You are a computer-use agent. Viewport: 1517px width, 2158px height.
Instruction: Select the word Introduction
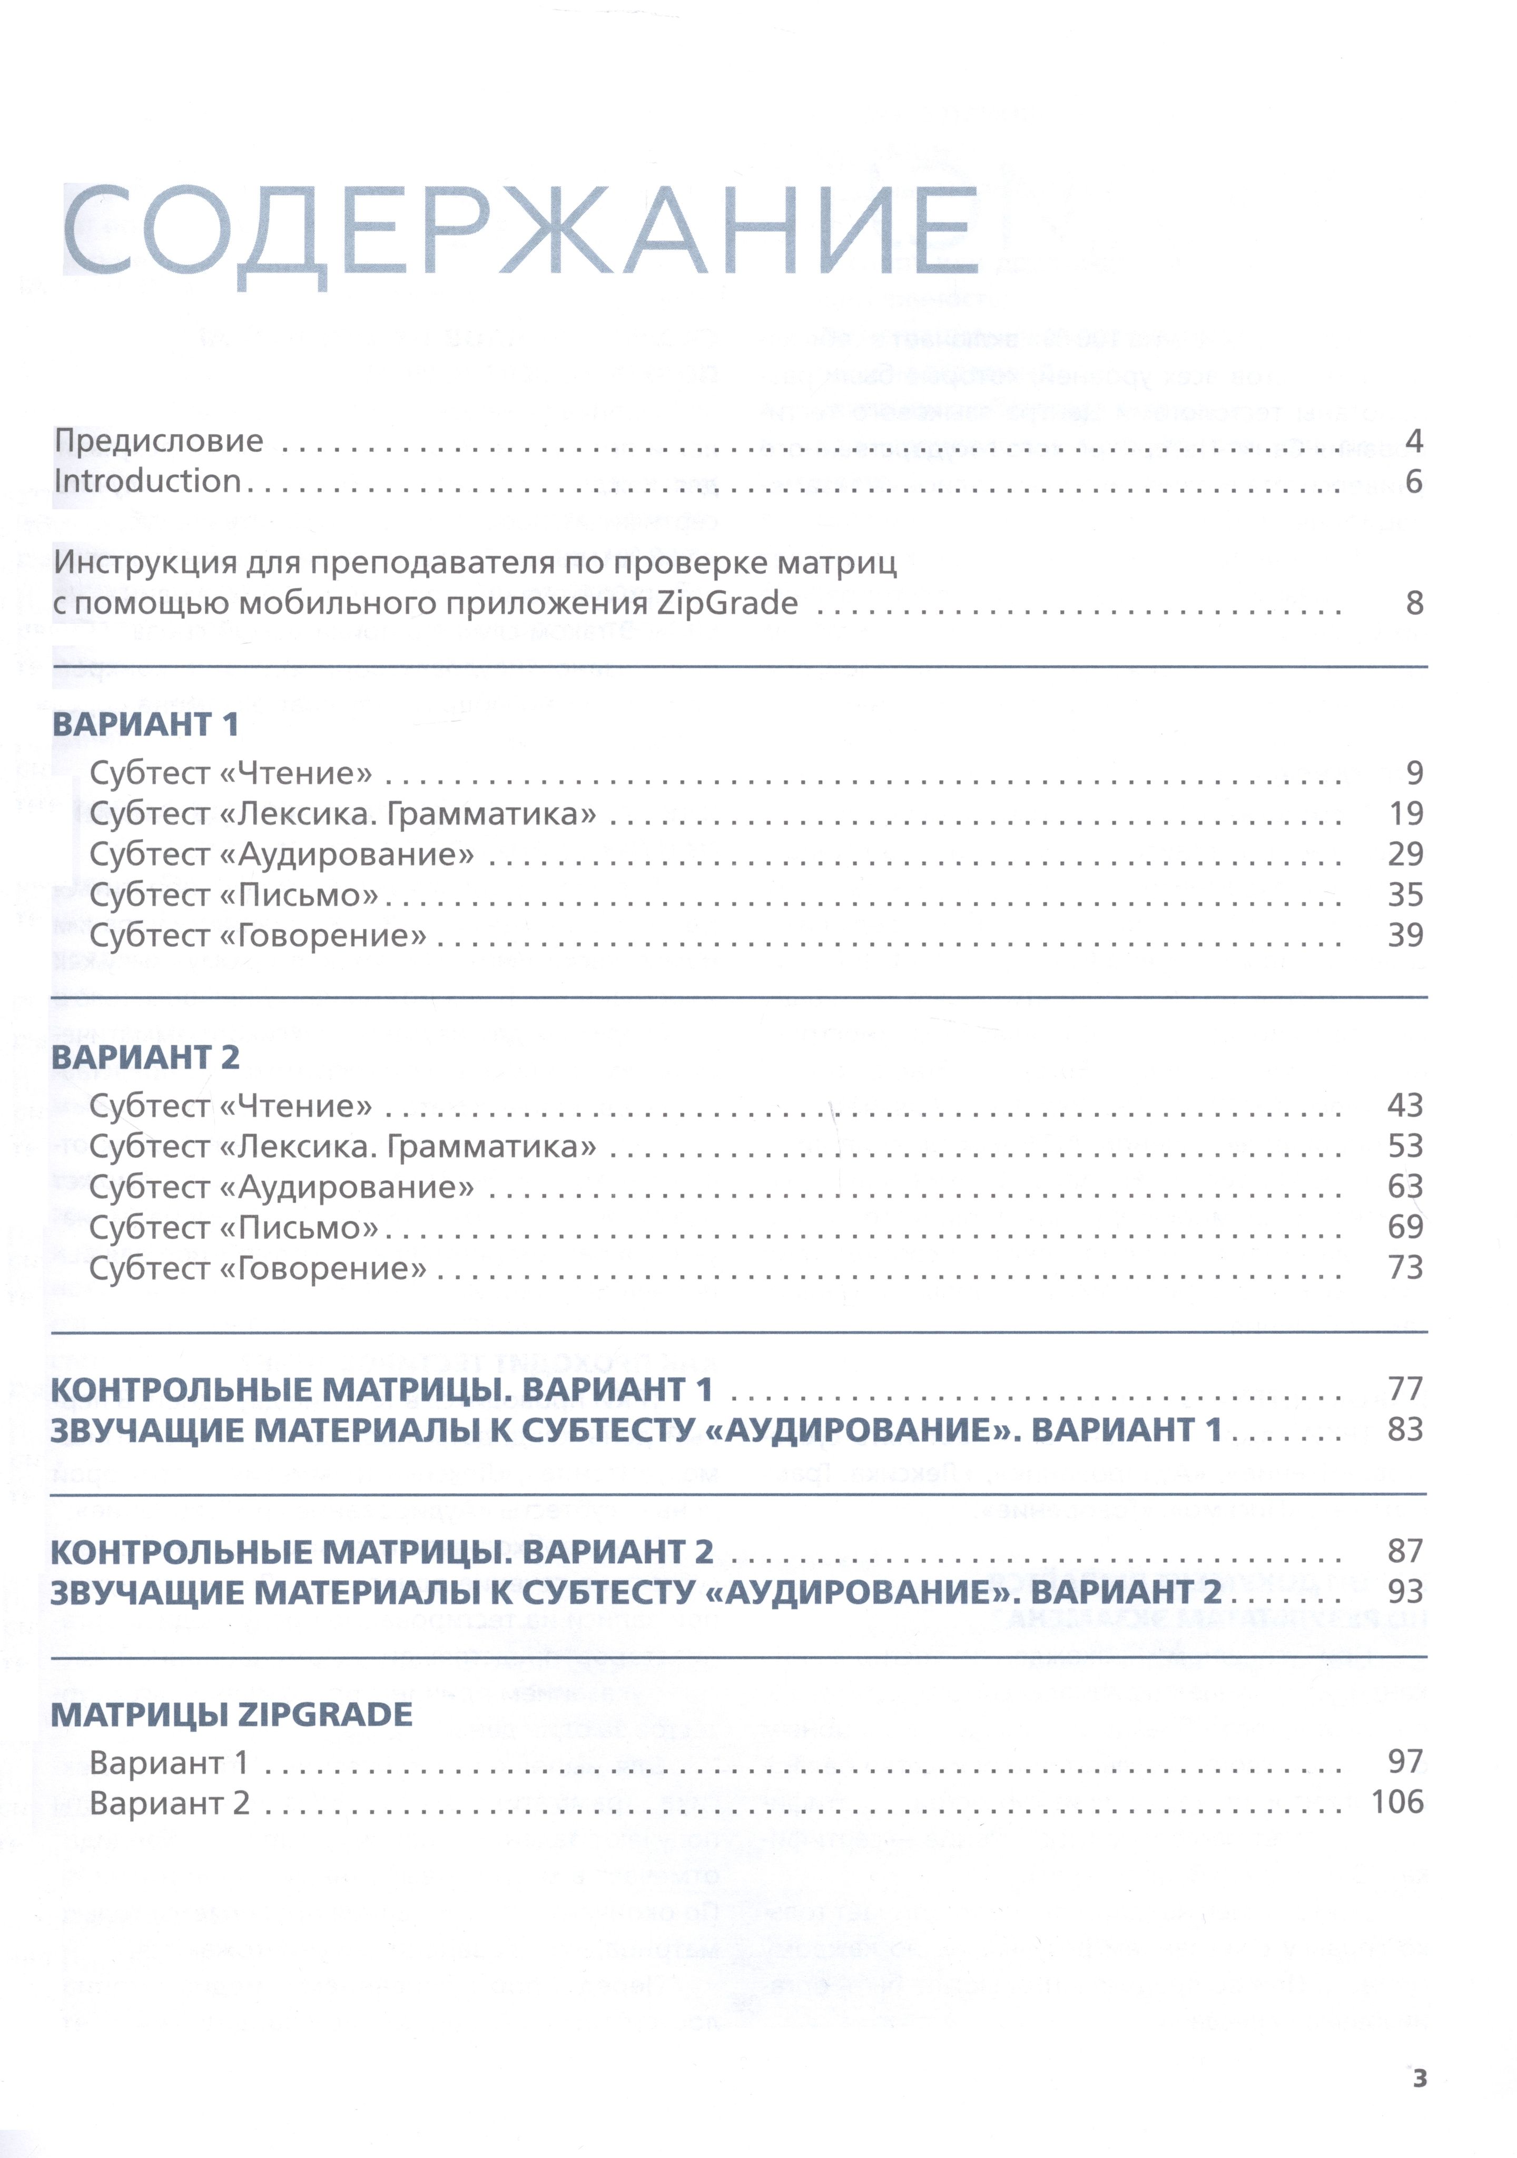click(147, 481)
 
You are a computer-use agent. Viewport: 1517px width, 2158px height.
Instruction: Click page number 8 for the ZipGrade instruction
click(1414, 603)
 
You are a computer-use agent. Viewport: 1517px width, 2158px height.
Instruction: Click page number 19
click(1406, 814)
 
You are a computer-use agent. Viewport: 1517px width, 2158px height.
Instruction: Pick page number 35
click(1406, 895)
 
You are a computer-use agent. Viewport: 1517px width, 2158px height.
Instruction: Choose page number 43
click(1405, 1105)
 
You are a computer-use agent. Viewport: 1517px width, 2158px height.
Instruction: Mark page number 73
click(1405, 1268)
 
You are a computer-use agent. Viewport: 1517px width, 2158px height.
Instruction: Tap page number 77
click(1405, 1389)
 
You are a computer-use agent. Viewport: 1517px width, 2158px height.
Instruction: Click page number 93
click(1405, 1592)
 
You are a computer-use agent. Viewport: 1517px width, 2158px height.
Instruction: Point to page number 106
click(1397, 1803)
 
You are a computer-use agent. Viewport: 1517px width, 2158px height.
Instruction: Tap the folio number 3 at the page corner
click(1419, 2078)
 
